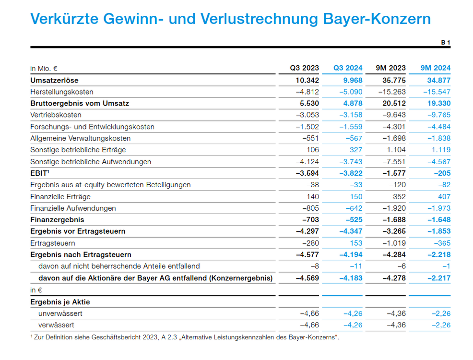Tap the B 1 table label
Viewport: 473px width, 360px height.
[445, 43]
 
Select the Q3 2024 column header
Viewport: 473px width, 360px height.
[348, 68]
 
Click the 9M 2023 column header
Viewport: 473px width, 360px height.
[391, 68]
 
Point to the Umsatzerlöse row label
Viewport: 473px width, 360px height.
[54, 80]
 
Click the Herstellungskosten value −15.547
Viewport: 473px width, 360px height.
[436, 92]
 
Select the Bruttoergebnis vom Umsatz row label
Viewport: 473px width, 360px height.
[80, 103]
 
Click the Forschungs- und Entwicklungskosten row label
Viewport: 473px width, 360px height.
[92, 127]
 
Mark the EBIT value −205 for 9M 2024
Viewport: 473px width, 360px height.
[441, 173]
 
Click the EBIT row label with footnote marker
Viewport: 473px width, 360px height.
[40, 173]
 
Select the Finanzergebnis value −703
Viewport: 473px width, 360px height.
[309, 220]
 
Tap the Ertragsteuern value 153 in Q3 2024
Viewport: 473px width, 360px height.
[355, 243]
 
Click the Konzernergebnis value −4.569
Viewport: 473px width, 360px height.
[307, 278]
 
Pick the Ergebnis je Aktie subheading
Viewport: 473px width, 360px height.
[60, 302]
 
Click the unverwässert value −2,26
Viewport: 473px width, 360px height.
[440, 313]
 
